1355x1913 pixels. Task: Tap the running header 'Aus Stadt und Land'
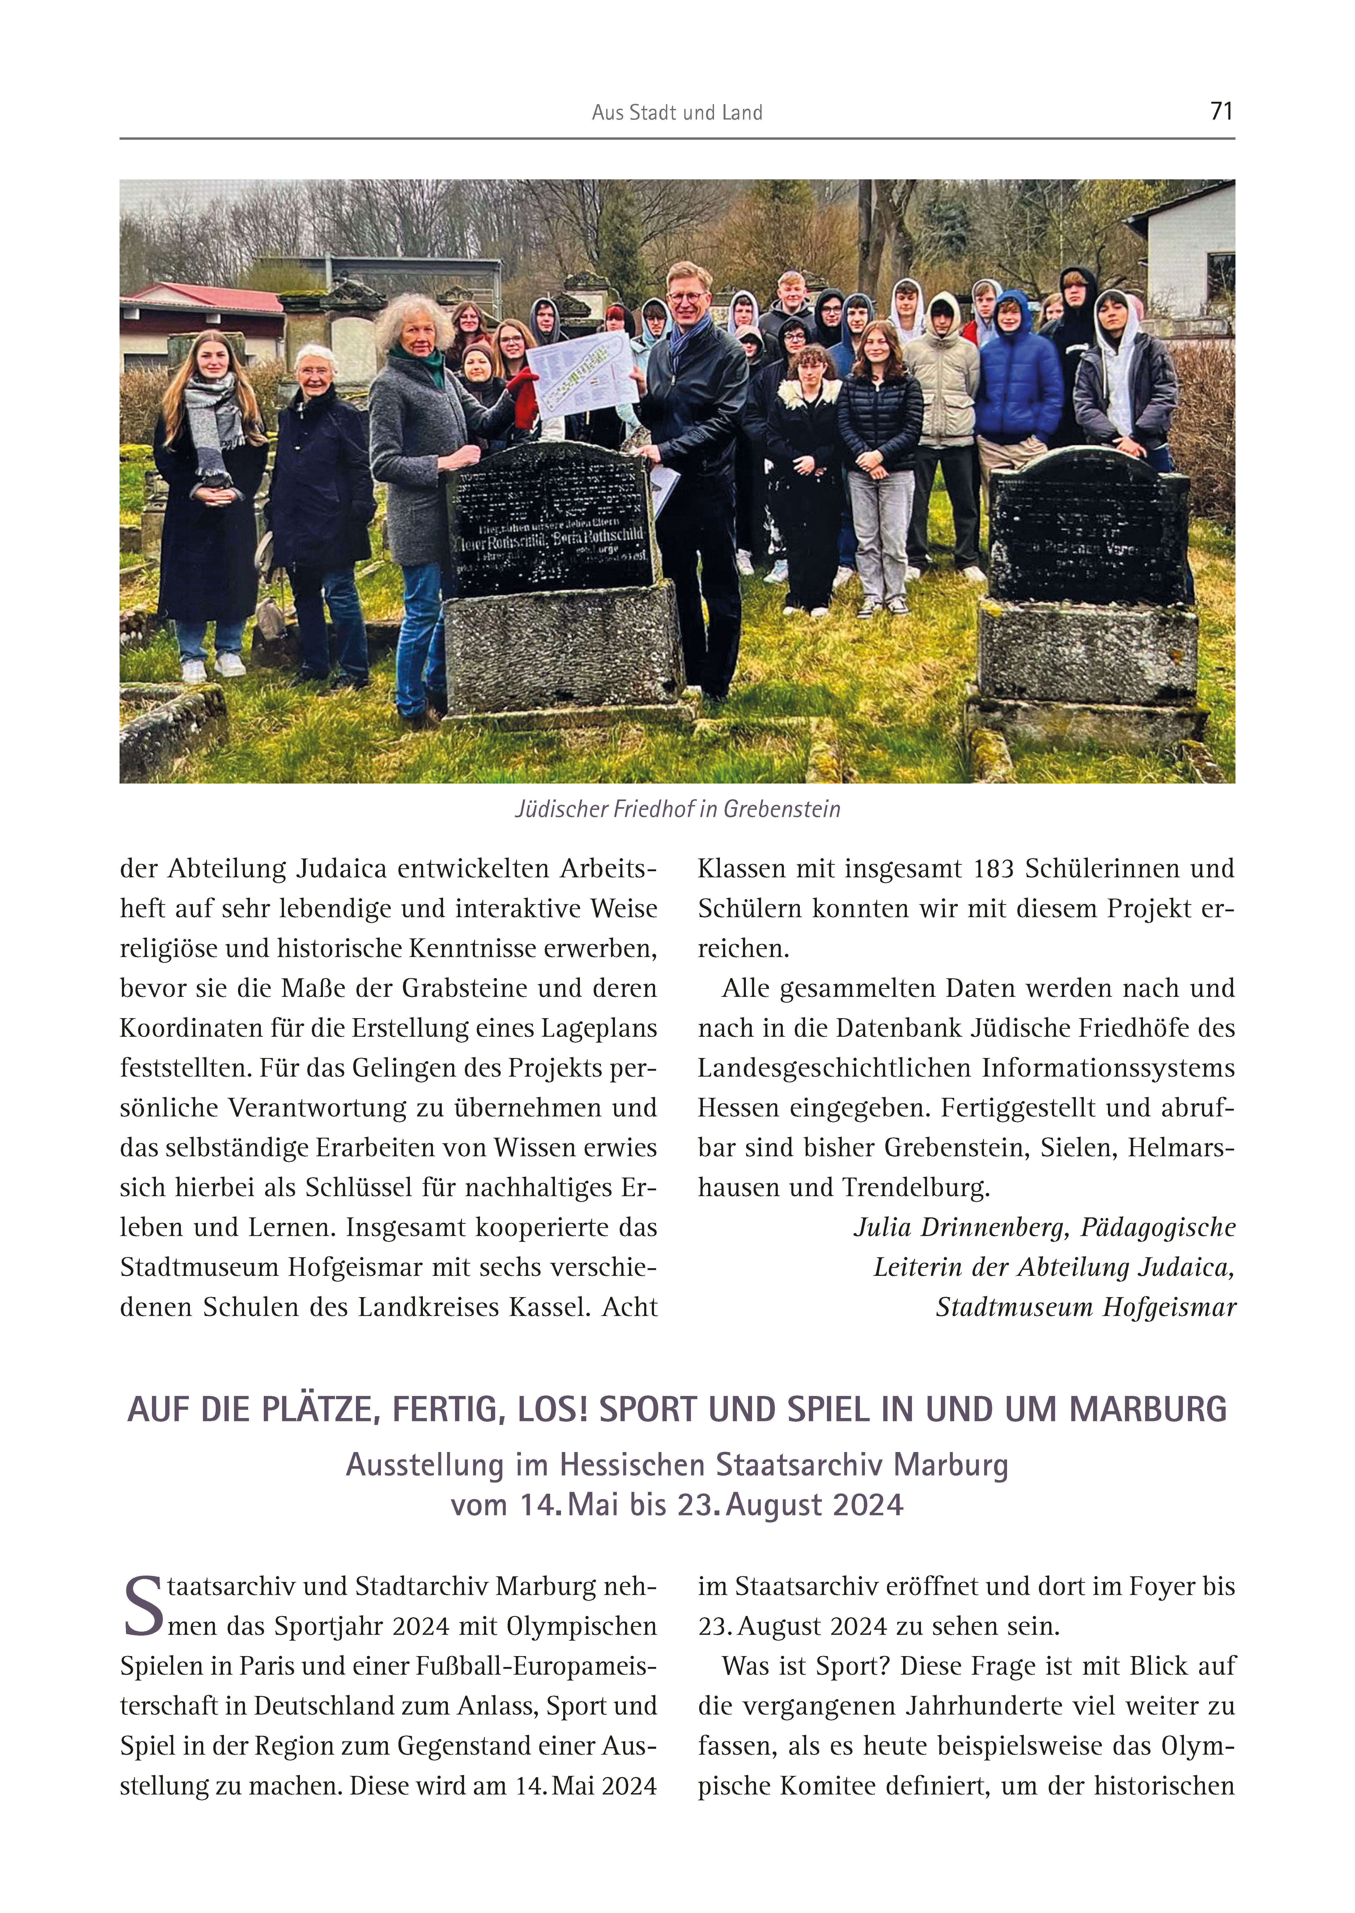pos(677,113)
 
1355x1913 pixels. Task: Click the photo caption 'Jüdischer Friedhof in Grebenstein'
pos(677,809)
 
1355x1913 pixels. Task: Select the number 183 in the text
pos(993,869)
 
